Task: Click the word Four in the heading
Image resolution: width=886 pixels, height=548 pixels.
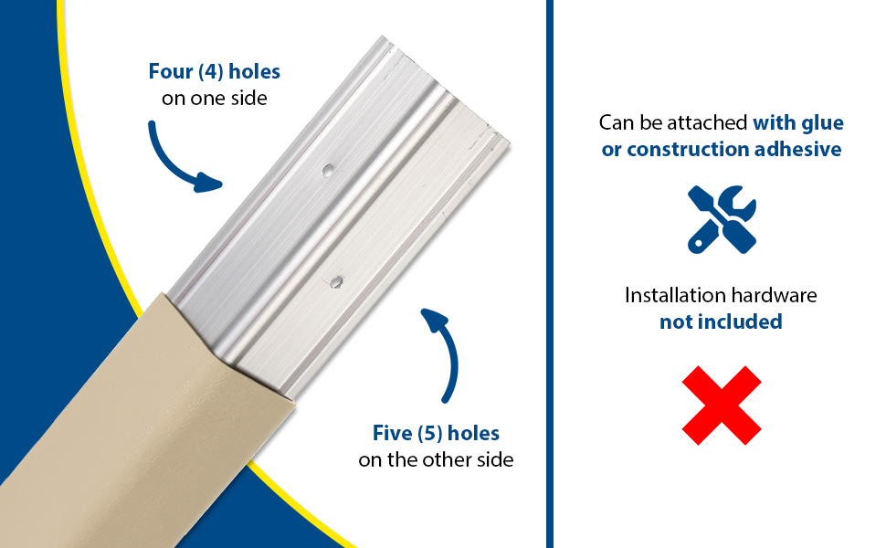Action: click(x=171, y=72)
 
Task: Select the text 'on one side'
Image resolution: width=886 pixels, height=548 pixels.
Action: click(x=214, y=99)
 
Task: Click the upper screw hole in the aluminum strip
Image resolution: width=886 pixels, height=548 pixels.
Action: click(x=327, y=170)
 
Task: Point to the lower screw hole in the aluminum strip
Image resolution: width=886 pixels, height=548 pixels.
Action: click(x=336, y=281)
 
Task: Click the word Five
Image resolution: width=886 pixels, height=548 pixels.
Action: click(x=392, y=433)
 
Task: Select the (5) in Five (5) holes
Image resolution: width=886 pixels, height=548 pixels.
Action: click(x=430, y=434)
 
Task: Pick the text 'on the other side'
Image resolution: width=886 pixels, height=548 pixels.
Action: click(x=436, y=460)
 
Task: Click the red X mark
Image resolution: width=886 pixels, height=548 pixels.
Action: click(x=722, y=406)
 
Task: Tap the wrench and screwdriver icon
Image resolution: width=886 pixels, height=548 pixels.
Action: click(x=722, y=219)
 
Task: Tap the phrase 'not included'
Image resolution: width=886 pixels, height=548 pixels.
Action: click(x=721, y=321)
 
